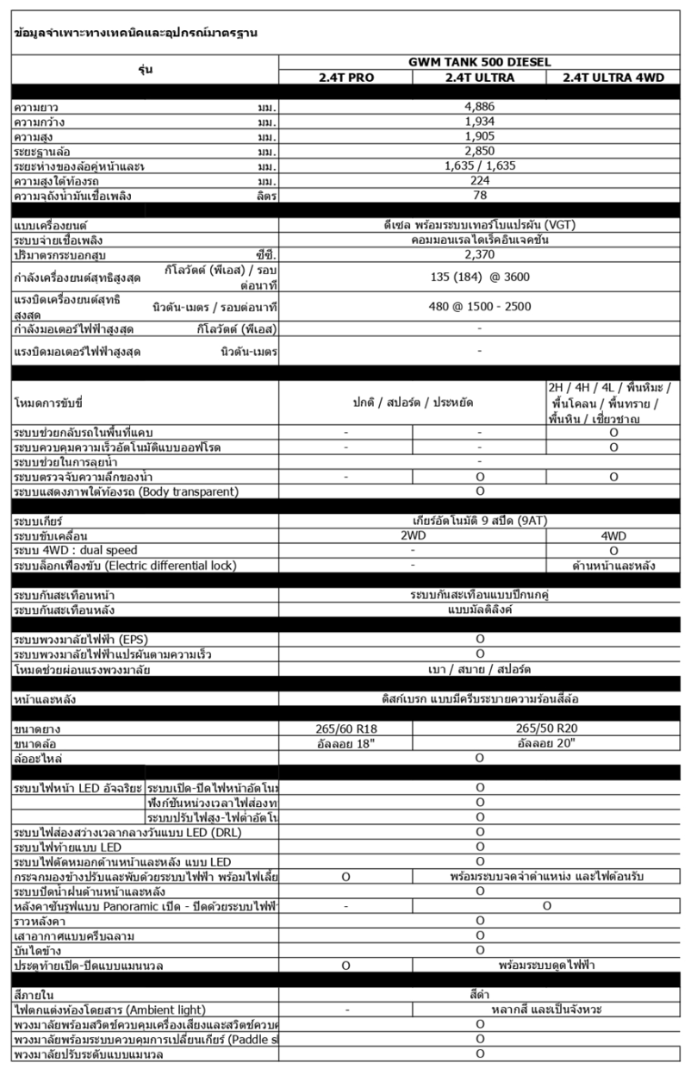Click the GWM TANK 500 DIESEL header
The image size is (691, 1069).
coord(480,62)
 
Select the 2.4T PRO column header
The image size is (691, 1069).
coord(345,77)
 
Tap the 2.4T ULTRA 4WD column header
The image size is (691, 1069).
coord(613,77)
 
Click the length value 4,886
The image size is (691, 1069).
coord(480,108)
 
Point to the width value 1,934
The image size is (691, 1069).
coord(480,122)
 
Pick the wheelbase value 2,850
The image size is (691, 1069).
coord(480,151)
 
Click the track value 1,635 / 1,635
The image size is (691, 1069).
coord(480,166)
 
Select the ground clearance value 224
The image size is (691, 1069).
coord(480,180)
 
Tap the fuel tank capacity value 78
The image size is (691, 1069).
coord(480,195)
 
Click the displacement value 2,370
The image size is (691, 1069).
coord(480,254)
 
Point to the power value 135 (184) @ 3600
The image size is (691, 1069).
coord(480,277)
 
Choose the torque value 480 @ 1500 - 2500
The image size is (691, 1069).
coord(480,306)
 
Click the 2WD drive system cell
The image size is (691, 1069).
coord(413,535)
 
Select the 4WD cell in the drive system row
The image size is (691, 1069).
coord(613,535)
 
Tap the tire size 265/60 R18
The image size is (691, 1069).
coord(345,729)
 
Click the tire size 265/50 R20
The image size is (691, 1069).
coord(547,729)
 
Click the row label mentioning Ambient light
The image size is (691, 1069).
coord(109,1010)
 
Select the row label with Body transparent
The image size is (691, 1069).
coord(126,491)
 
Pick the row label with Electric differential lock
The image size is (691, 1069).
coord(125,566)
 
